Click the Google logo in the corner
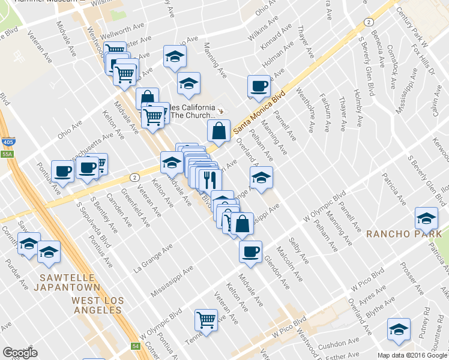pyautogui.click(x=20, y=353)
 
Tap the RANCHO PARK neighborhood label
pyautogui.click(x=404, y=233)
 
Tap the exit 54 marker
pyautogui.click(x=136, y=346)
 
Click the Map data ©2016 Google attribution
pyautogui.click(x=412, y=355)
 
